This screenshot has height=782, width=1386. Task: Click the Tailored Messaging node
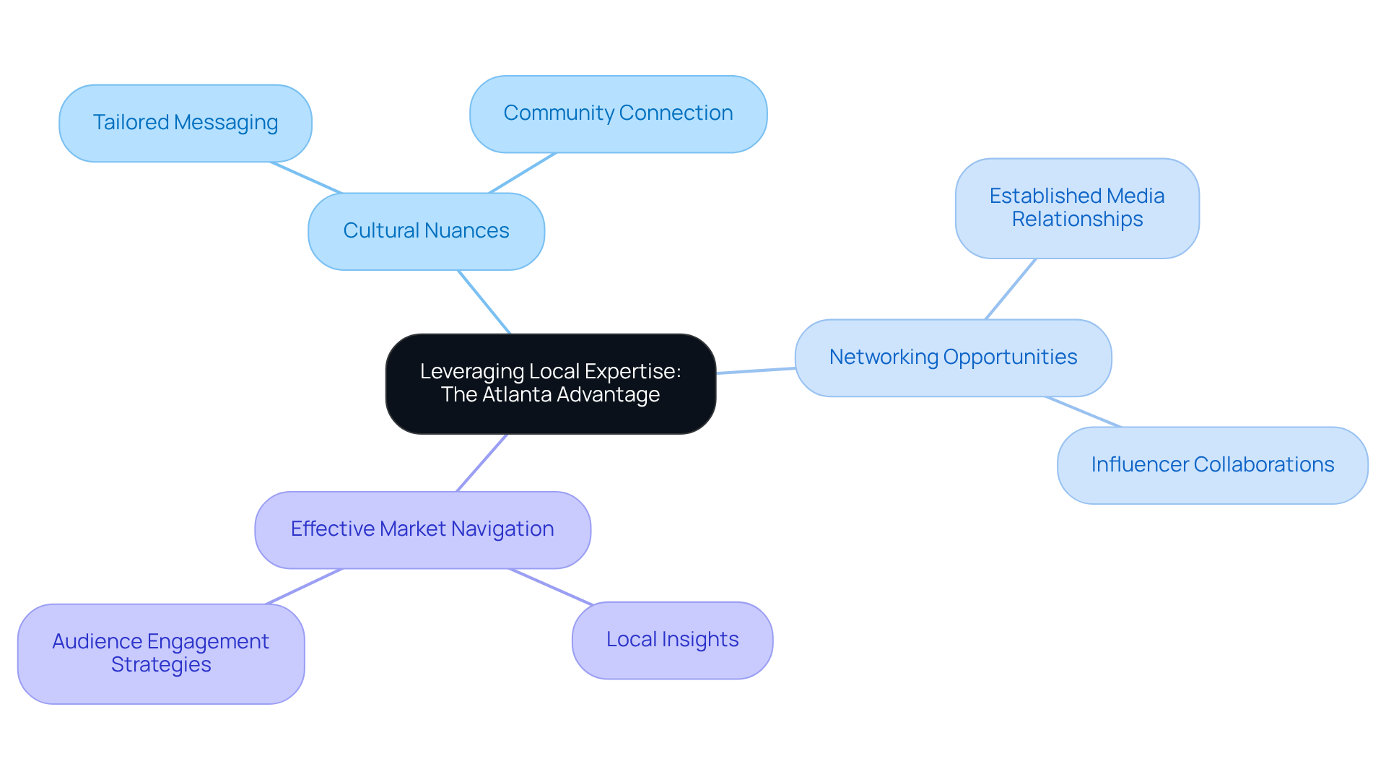[x=186, y=123]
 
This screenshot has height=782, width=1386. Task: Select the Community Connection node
[x=618, y=114]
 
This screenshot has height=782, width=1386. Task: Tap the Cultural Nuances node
[x=426, y=231]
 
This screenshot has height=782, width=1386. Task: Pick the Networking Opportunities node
[x=953, y=357]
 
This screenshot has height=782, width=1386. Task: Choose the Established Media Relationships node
[x=1077, y=208]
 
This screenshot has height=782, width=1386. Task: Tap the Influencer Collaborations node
[x=1212, y=465]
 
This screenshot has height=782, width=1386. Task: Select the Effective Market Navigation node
[x=422, y=529]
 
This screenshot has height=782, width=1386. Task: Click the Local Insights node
[x=672, y=640]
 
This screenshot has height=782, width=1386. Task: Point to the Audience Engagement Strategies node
[x=160, y=653]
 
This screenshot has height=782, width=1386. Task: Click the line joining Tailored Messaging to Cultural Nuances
[x=306, y=178]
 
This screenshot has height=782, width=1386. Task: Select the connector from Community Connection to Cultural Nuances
[x=523, y=173]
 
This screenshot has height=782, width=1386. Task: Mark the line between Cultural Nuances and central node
[x=484, y=302]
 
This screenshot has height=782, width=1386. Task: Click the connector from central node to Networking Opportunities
[x=756, y=370]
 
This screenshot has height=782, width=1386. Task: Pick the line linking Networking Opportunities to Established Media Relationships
[x=1011, y=289]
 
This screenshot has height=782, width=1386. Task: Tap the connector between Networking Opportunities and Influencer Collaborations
[x=1083, y=412]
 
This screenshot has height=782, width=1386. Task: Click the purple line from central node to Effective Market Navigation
[x=482, y=463]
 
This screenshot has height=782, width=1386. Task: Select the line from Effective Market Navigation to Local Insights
[x=551, y=586]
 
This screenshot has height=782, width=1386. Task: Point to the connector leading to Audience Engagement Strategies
[x=304, y=586]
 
